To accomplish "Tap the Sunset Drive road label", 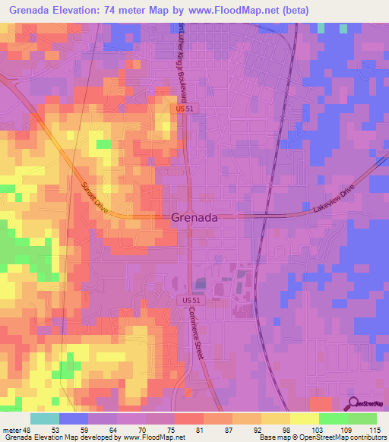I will (x=94, y=199).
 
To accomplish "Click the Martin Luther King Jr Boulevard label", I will (x=182, y=61).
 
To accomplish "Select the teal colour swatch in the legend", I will (x=45, y=418).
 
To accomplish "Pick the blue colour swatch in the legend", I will (x=74, y=418).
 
